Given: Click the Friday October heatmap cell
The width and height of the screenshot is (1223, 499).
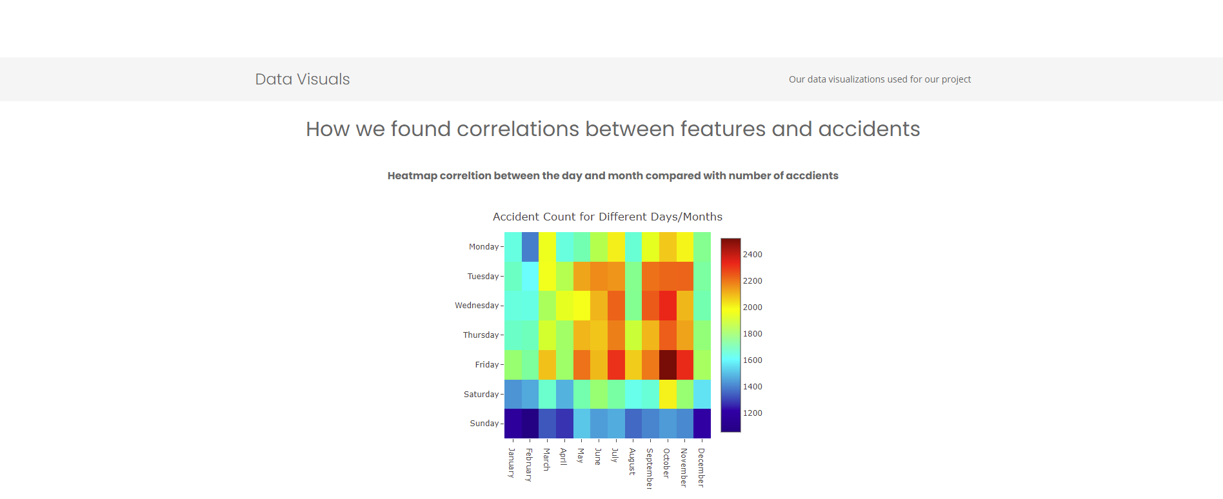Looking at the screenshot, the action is (x=668, y=365).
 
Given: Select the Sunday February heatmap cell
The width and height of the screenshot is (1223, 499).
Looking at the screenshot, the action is (x=530, y=424).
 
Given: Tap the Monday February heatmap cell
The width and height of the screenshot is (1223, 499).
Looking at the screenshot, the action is (x=530, y=247).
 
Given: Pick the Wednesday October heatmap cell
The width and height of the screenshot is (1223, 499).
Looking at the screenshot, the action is (x=668, y=306).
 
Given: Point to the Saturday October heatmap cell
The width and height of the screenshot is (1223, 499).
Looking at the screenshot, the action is (x=668, y=394).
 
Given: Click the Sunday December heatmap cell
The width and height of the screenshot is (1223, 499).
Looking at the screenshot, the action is (x=702, y=424).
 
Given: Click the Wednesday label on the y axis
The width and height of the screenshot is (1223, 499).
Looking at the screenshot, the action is (x=477, y=306).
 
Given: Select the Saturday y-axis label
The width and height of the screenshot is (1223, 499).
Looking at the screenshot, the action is (x=481, y=394).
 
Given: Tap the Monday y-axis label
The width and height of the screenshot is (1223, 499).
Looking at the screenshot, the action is (x=484, y=247).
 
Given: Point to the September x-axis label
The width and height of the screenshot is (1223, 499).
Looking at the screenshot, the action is (x=650, y=469).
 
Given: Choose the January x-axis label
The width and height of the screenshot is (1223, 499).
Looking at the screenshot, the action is (x=512, y=463).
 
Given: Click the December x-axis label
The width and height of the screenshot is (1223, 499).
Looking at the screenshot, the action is (x=702, y=467).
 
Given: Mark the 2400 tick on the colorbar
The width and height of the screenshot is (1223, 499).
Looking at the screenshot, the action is (x=752, y=255).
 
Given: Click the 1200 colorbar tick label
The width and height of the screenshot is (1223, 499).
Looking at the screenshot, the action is (x=752, y=413).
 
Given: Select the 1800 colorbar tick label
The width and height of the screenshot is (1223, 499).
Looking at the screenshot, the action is (x=752, y=334).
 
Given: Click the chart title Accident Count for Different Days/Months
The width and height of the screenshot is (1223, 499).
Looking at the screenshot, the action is (x=608, y=217).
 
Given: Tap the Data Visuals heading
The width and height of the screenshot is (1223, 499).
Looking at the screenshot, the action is (x=303, y=79).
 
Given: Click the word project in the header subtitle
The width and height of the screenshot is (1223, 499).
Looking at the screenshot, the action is (x=956, y=79).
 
